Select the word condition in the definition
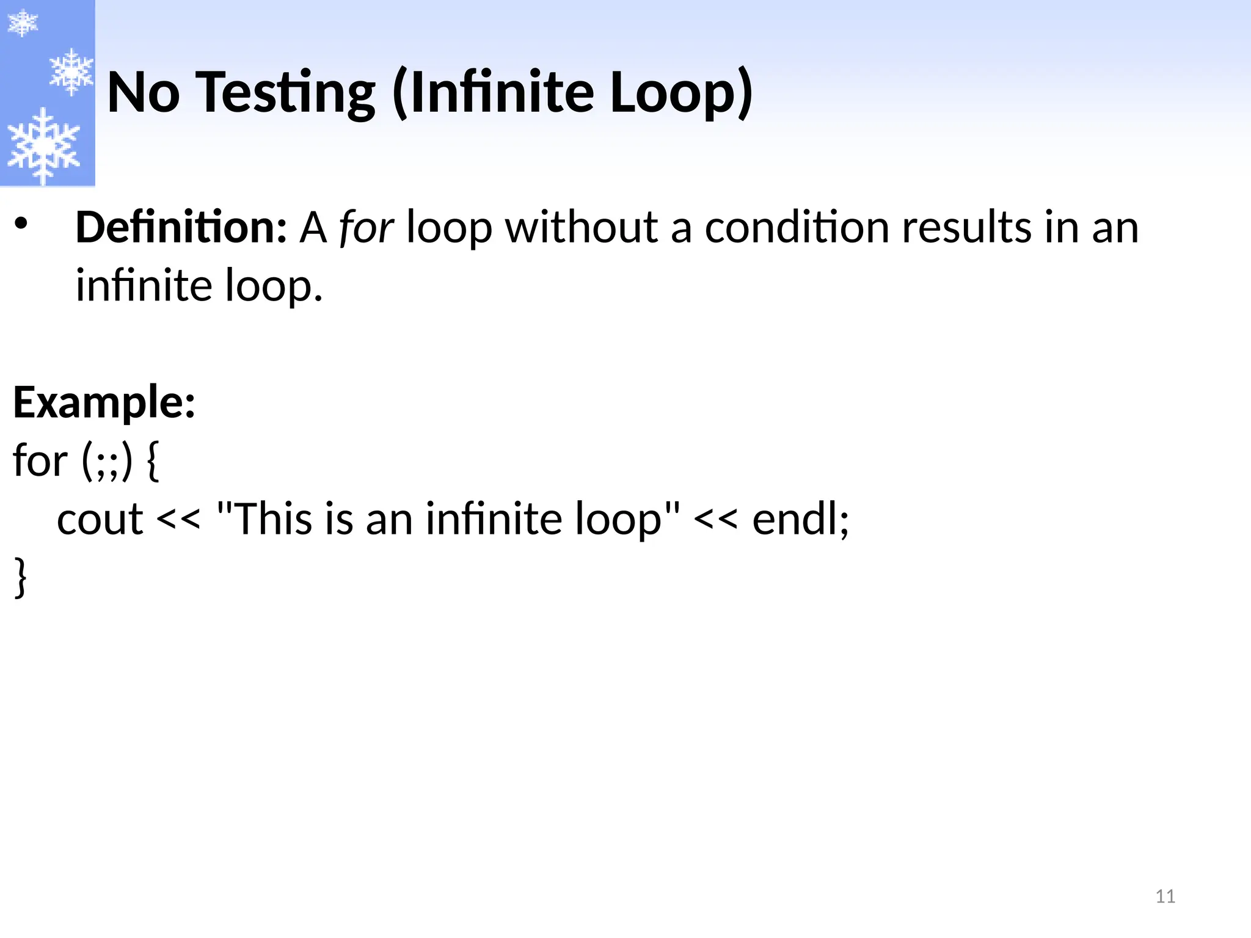point(797,227)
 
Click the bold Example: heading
point(104,403)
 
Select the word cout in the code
point(100,519)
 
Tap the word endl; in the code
point(800,519)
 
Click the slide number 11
point(1165,896)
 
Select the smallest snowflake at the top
point(22,23)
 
